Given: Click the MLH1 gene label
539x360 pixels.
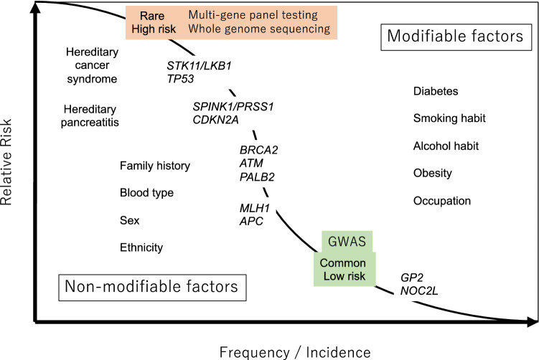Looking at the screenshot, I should (x=254, y=208).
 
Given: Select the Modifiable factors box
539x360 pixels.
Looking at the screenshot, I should (x=456, y=36).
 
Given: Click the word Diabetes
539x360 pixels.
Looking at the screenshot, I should (x=435, y=92).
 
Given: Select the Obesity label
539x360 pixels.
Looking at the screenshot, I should (x=432, y=174).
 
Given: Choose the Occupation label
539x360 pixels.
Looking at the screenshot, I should (x=442, y=201).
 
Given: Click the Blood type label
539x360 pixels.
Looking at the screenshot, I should (x=146, y=193).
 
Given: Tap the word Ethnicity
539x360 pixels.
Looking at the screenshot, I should (x=141, y=247).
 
